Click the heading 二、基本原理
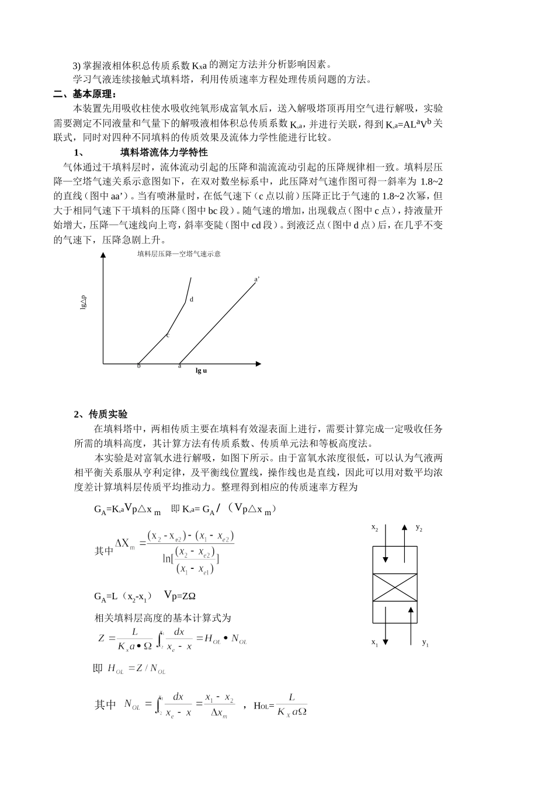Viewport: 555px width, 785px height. point(85,94)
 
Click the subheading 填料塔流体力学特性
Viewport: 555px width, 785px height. point(164,152)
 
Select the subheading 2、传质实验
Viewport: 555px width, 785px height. point(100,414)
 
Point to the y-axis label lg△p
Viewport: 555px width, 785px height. point(83,301)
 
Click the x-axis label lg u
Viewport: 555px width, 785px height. point(201,370)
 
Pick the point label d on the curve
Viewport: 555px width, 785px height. point(192,300)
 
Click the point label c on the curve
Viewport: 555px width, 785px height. point(167,335)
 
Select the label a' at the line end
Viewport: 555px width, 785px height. point(257,279)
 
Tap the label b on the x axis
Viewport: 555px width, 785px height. point(139,366)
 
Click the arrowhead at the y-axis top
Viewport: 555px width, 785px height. point(103,255)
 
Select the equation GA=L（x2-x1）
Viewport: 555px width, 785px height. point(123,597)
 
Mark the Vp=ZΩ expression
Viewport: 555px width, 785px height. point(179,596)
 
